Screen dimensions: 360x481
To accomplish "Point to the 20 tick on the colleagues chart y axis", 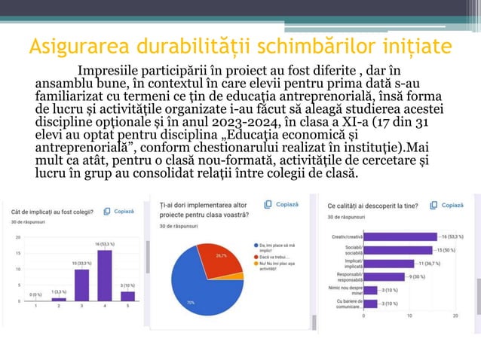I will point(17,236).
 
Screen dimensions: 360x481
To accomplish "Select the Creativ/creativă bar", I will point(400,236).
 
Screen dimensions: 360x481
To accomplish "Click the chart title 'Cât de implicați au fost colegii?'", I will point(52,212).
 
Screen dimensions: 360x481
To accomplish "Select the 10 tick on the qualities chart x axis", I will point(409,316).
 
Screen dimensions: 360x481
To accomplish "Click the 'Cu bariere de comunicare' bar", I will point(370,304).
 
